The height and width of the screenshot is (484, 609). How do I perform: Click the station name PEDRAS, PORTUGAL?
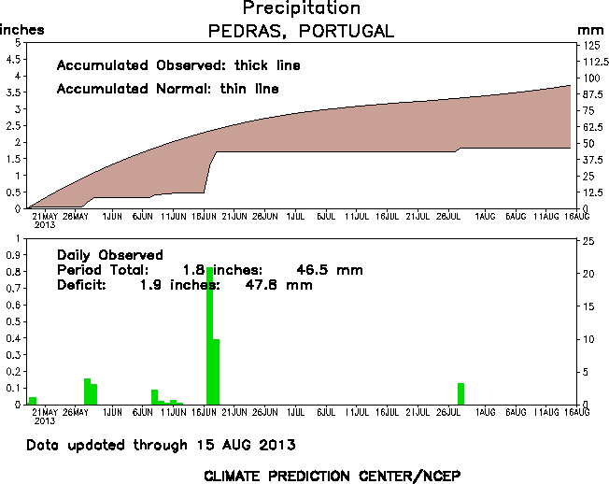(x=301, y=31)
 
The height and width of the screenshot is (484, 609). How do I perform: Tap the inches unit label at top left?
(x=21, y=31)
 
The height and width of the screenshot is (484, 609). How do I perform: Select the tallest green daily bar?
(x=210, y=336)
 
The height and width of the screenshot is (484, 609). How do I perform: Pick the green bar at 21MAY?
(x=33, y=401)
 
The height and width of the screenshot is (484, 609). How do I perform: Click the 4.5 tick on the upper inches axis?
(x=14, y=60)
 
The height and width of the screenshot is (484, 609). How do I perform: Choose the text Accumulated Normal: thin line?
(x=167, y=89)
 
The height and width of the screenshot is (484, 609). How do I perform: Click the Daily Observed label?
(x=109, y=255)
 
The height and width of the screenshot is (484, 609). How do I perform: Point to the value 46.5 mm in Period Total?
(x=329, y=270)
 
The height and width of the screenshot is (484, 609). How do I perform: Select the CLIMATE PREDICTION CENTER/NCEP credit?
(x=332, y=475)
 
